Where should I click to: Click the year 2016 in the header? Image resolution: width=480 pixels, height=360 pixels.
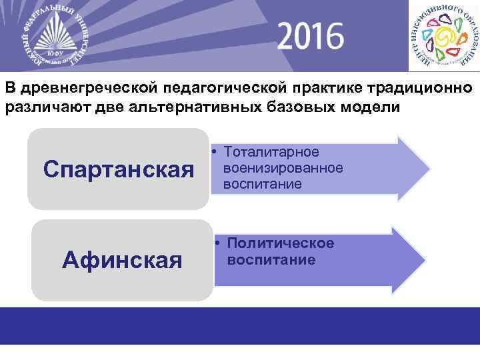tap(311, 36)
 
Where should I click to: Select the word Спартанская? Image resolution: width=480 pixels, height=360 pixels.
tap(118, 169)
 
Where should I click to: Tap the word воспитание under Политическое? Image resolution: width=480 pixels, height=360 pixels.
tap(271, 259)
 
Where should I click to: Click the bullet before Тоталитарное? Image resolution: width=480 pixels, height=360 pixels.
tap(217, 153)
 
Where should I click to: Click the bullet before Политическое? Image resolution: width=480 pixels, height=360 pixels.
tap(217, 243)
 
